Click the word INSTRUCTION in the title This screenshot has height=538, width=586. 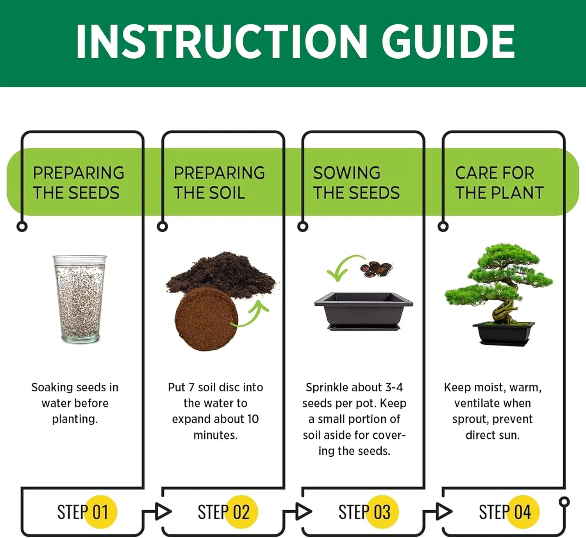click(x=222, y=41)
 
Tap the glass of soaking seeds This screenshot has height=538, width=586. click(x=80, y=299)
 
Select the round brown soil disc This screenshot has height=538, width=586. click(x=206, y=319)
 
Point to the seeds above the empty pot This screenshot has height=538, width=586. click(x=376, y=269)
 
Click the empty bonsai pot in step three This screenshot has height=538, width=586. click(x=363, y=311)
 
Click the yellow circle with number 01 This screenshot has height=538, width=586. click(x=101, y=511)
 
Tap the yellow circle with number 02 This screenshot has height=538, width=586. click(x=241, y=511)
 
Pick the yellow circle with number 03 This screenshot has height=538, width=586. click(x=382, y=511)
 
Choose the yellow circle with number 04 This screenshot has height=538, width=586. click(x=523, y=511)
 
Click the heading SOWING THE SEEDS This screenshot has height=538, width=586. click(x=356, y=183)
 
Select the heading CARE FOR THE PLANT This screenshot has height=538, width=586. click(x=499, y=183)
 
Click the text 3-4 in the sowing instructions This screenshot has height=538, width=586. click(x=394, y=387)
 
